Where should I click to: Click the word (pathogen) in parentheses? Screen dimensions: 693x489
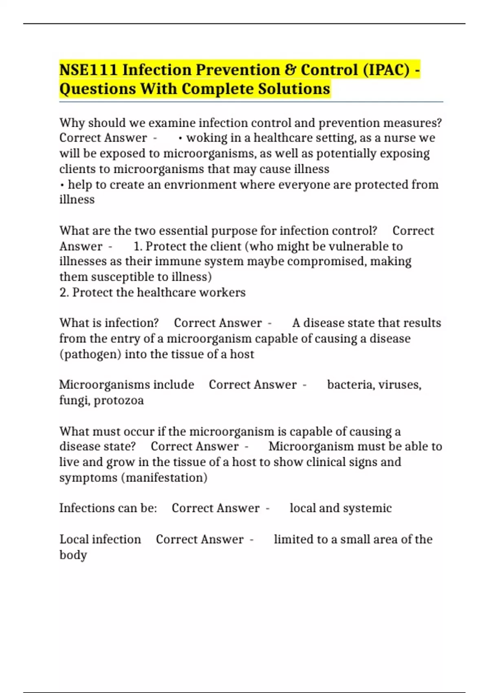click(x=90, y=354)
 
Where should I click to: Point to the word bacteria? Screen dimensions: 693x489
click(x=351, y=385)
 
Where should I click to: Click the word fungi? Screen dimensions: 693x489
click(x=74, y=400)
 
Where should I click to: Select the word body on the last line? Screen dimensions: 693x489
click(x=73, y=555)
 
